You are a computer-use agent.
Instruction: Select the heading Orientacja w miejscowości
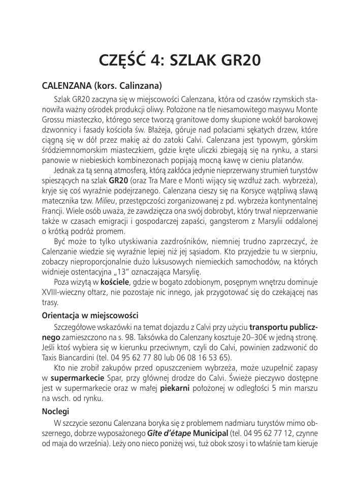pos(90,316)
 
